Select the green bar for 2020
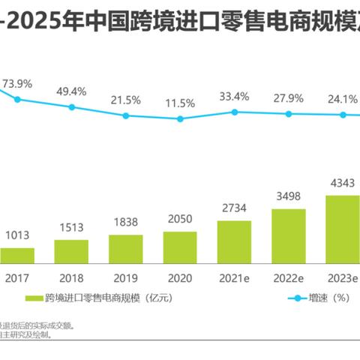tap(180, 247)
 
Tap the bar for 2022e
tap(289, 235)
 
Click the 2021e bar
tap(234, 241)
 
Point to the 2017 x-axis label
tap(16, 276)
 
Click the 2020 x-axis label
tap(180, 276)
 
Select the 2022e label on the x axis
tap(289, 276)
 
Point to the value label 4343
tap(343, 183)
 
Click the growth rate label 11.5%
tap(180, 103)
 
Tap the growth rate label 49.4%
tap(71, 91)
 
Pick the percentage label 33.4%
tap(234, 96)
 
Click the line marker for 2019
tap(126, 115)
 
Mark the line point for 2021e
tap(234, 112)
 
